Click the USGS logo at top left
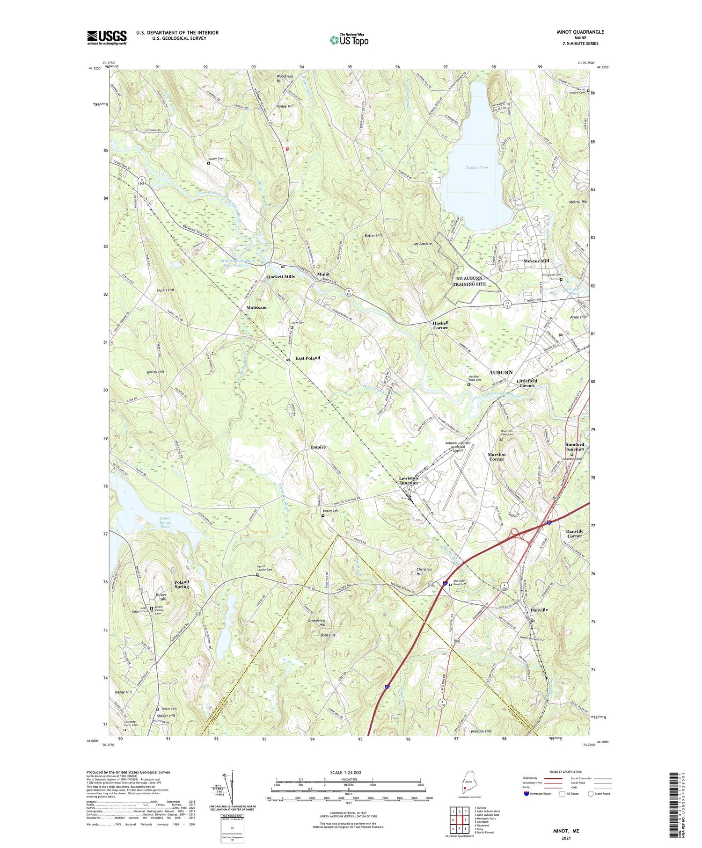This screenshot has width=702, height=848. [107, 37]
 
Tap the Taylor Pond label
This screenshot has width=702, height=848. [477, 167]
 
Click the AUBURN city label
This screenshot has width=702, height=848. [501, 372]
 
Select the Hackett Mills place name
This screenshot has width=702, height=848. [281, 276]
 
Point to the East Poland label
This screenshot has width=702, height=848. [307, 358]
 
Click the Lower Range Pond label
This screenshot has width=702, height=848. [165, 522]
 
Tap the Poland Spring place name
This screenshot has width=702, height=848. [182, 584]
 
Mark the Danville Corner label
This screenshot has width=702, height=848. [575, 534]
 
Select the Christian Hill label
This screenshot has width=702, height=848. [424, 572]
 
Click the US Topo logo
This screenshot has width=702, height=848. [348, 40]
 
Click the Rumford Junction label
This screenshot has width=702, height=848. [575, 447]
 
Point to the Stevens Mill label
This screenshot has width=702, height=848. [536, 261]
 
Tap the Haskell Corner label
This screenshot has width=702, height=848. [440, 325]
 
